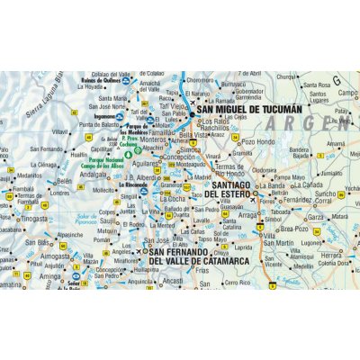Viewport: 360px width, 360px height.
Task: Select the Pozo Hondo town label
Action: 258,142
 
